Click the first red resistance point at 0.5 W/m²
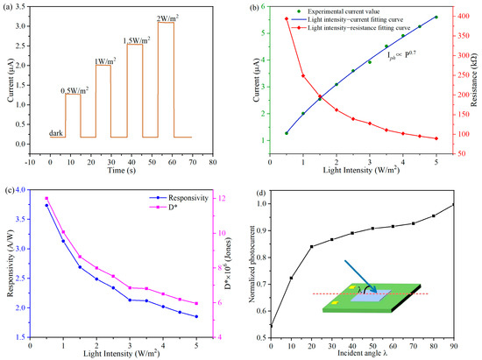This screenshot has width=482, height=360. tap(287, 18)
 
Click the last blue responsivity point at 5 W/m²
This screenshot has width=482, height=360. tap(196, 317)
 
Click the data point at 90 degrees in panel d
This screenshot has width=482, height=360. tap(454, 205)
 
